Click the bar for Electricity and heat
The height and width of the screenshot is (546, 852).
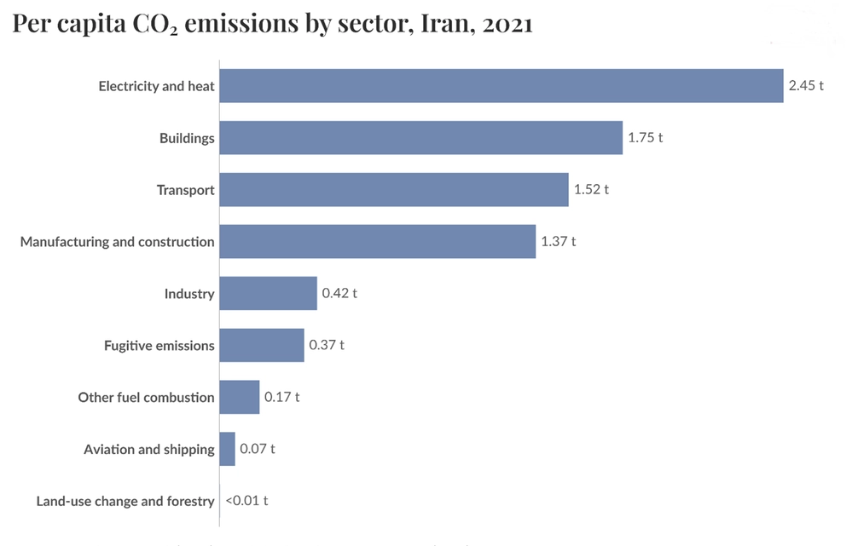click(x=501, y=86)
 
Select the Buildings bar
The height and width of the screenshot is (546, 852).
click(x=420, y=137)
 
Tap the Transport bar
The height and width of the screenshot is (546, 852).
click(x=393, y=189)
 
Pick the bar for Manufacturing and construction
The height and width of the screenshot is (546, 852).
click(x=377, y=241)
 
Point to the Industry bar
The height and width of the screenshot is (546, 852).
click(x=268, y=294)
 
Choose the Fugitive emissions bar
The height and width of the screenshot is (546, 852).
click(x=261, y=345)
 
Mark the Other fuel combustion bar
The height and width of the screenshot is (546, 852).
click(x=239, y=397)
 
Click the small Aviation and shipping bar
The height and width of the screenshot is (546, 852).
click(x=227, y=449)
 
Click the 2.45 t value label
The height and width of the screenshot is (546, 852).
click(x=806, y=86)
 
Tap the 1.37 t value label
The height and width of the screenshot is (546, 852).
click(x=559, y=241)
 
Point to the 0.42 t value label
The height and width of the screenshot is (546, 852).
click(x=339, y=294)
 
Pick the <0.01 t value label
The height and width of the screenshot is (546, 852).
click(x=246, y=501)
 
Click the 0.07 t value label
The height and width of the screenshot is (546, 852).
click(x=258, y=449)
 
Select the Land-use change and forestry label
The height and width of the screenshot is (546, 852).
click(x=125, y=501)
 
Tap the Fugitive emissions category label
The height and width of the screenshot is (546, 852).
click(x=159, y=345)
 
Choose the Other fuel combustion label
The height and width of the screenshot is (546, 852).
click(x=146, y=397)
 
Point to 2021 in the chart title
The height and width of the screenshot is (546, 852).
click(x=507, y=24)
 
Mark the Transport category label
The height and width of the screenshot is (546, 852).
click(x=185, y=189)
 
